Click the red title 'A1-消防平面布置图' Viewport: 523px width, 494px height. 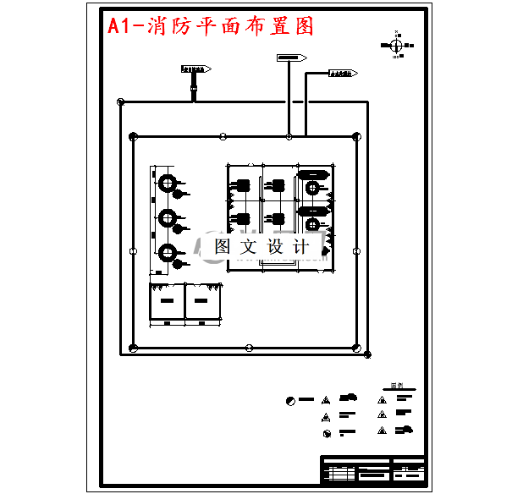(x=211, y=26)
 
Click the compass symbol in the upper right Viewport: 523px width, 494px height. (x=397, y=44)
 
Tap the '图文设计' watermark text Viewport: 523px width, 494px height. (x=261, y=247)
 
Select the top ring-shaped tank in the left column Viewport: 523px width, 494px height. (x=168, y=183)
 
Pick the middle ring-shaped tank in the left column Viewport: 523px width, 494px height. (x=168, y=217)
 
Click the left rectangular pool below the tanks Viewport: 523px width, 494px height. (x=167, y=301)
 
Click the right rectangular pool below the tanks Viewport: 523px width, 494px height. (x=202, y=301)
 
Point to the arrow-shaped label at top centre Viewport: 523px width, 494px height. (x=291, y=58)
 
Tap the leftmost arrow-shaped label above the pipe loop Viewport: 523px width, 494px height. (x=195, y=69)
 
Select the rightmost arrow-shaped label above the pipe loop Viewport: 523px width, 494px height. (x=343, y=74)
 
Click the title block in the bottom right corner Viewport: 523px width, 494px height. (x=372, y=469)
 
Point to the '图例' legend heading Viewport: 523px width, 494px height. (x=396, y=387)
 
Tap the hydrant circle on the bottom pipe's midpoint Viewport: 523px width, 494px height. (x=249, y=348)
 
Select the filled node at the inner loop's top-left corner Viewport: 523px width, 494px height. (x=133, y=136)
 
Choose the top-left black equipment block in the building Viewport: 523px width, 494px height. (x=242, y=185)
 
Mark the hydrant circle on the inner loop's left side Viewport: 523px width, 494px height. (x=133, y=251)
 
